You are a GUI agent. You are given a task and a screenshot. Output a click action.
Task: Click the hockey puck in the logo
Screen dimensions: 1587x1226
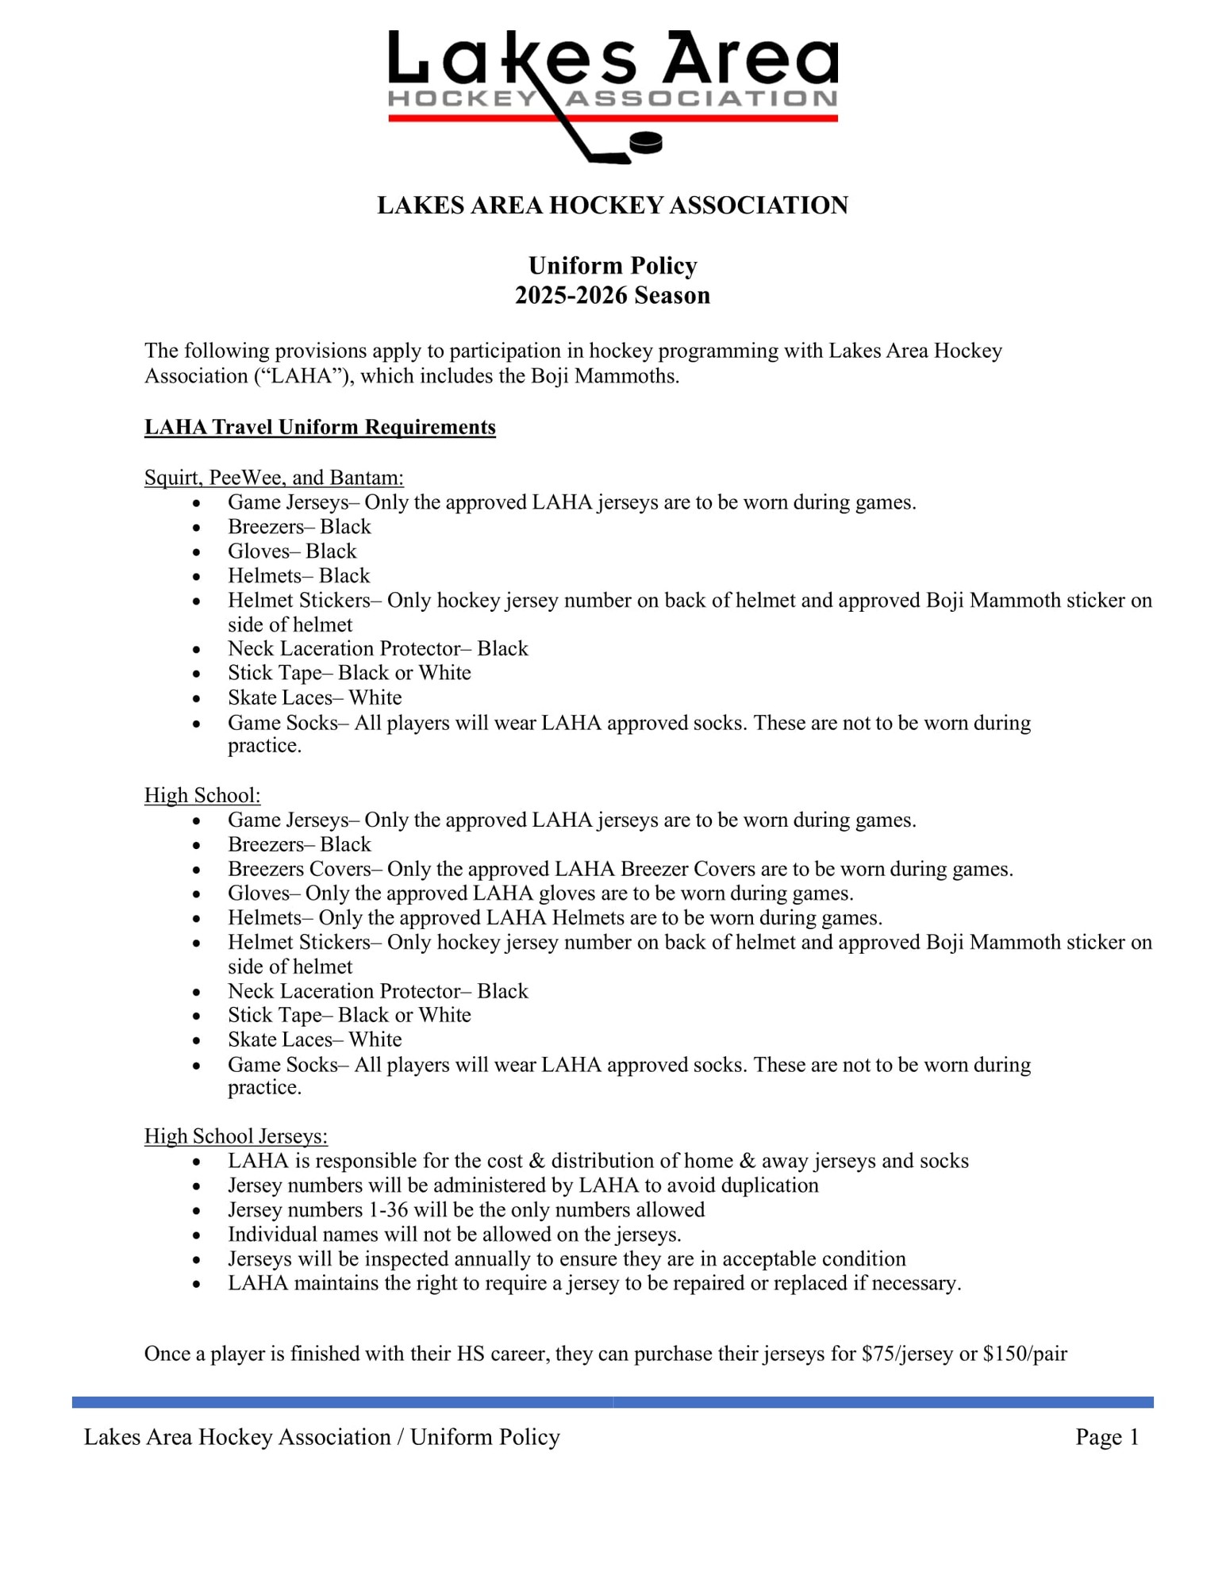645,143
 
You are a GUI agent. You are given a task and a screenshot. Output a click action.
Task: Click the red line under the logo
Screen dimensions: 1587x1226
714,118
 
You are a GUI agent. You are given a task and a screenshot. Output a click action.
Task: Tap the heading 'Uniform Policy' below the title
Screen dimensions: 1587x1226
613,265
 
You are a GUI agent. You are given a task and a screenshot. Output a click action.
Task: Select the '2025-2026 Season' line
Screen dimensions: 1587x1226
613,295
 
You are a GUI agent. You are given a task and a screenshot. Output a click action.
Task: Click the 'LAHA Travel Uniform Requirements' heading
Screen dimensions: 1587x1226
320,427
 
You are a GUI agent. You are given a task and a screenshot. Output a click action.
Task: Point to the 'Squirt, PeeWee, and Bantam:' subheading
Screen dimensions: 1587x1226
274,477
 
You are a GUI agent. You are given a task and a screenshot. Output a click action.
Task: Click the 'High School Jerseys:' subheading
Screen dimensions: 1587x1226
236,1136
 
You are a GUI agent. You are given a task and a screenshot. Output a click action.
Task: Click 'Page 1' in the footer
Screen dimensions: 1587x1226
1107,1437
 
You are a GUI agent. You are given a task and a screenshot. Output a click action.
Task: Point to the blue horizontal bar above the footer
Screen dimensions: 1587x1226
613,1402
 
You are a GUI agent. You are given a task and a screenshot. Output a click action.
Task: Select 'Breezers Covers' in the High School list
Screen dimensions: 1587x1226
298,869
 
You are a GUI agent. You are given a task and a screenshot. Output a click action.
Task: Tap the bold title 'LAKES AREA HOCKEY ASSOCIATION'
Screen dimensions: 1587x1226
613,206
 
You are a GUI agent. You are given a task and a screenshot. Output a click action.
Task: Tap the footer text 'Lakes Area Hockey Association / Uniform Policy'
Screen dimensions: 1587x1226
322,1437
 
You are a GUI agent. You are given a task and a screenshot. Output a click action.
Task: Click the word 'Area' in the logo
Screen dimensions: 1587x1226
750,60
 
